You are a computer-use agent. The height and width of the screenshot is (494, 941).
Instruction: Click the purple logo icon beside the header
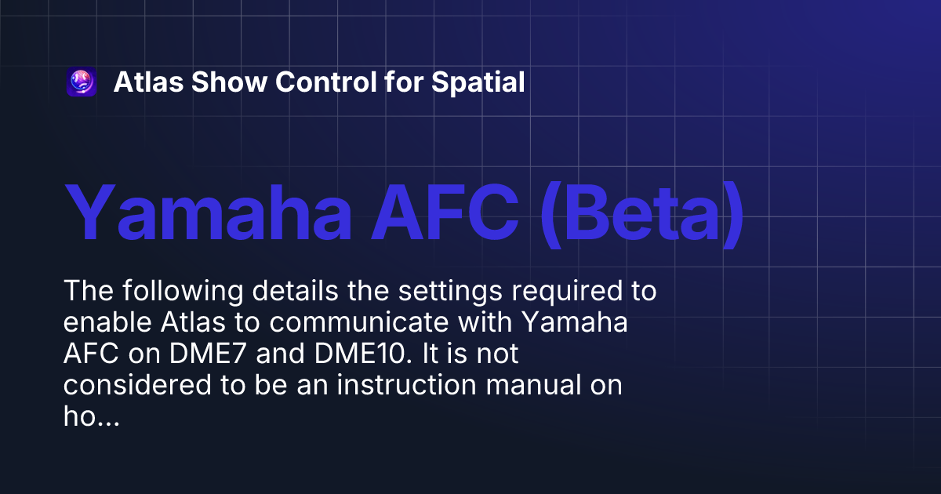tap(82, 82)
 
